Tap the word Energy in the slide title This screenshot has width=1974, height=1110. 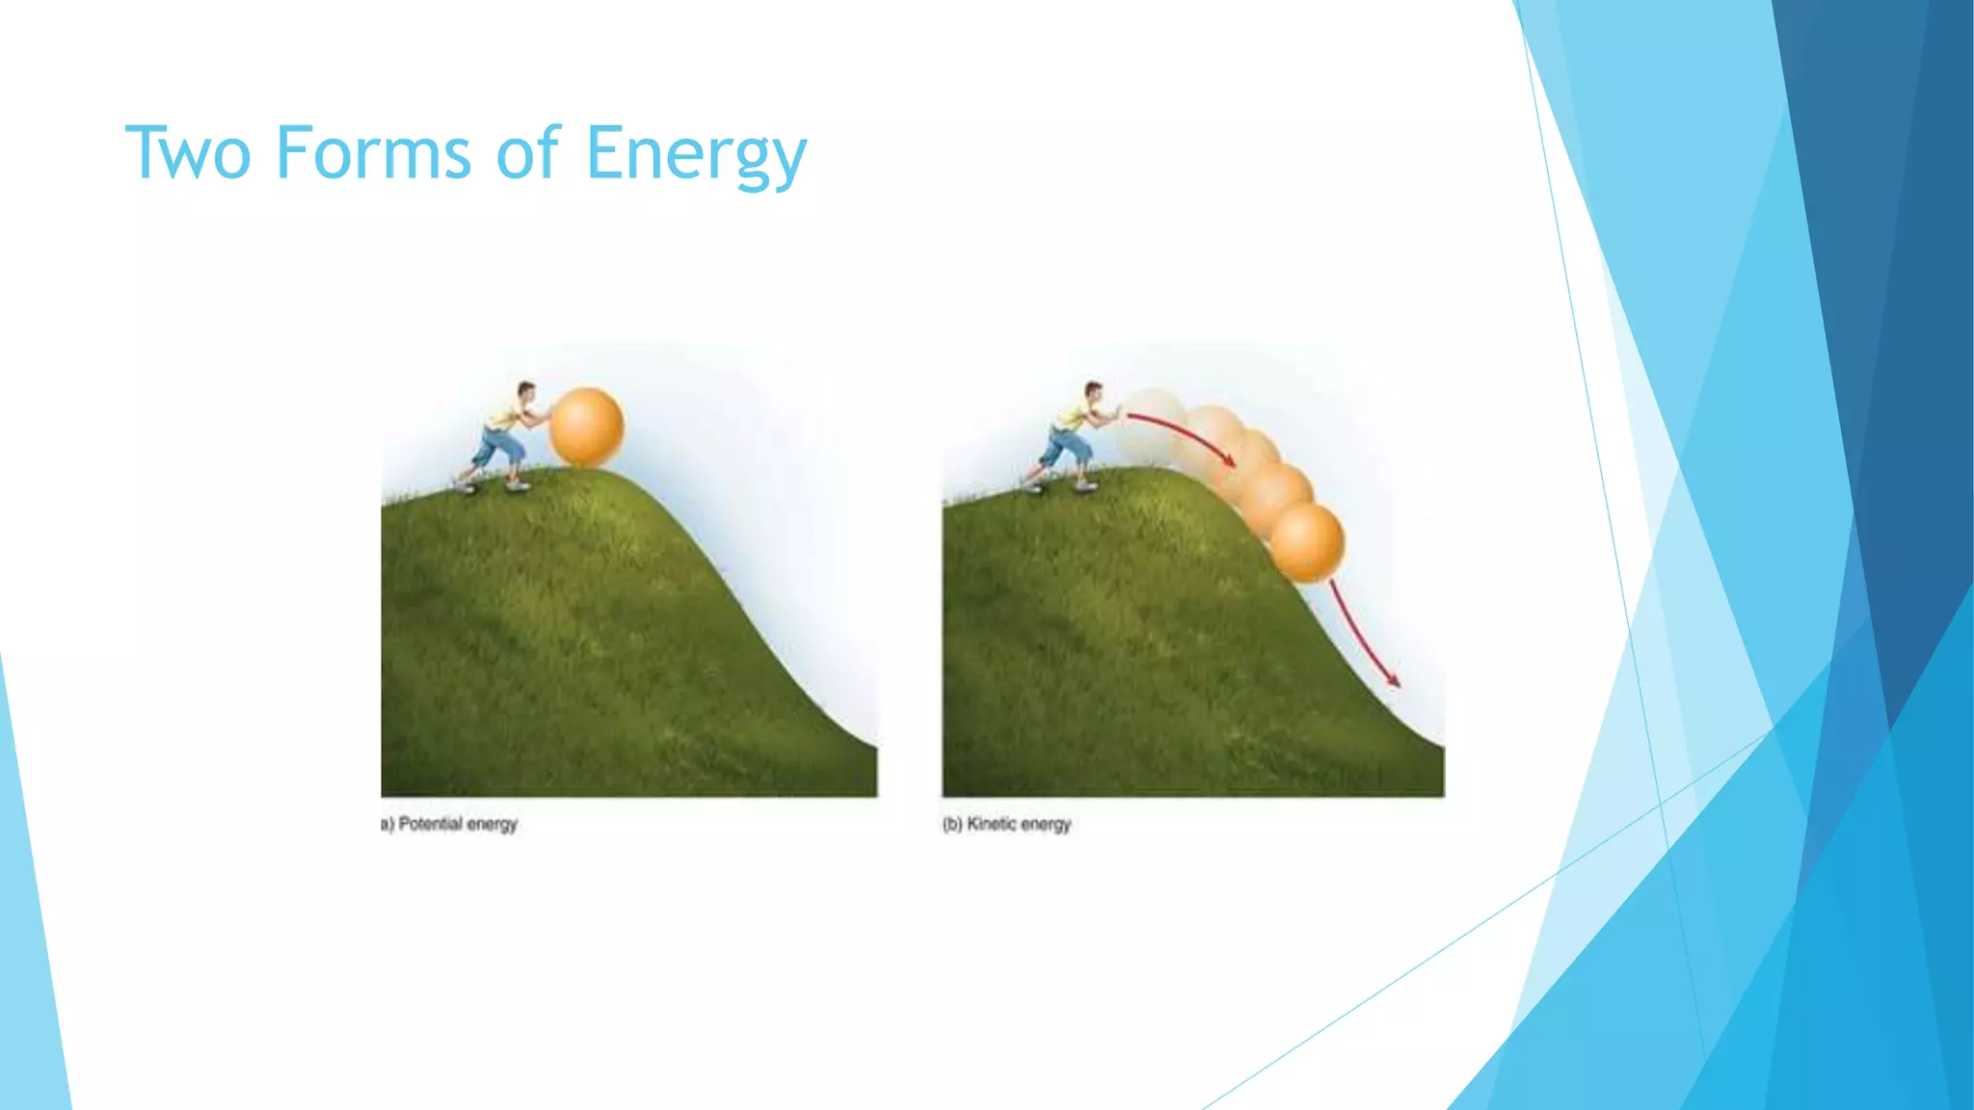pos(696,154)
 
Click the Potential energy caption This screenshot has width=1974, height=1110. pos(450,824)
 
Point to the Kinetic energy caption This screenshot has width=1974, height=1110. pos(1007,824)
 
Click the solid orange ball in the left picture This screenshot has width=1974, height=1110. pos(586,427)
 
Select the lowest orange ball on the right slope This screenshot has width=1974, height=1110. pos(1306,542)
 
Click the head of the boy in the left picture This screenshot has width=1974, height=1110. pos(525,392)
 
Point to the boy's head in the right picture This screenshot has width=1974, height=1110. pos(1092,392)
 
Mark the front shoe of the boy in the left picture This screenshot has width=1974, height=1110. pos(519,486)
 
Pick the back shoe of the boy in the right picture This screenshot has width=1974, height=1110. pos(1033,488)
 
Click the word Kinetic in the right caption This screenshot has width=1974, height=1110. pos(991,824)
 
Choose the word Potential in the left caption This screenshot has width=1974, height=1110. pos(431,824)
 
